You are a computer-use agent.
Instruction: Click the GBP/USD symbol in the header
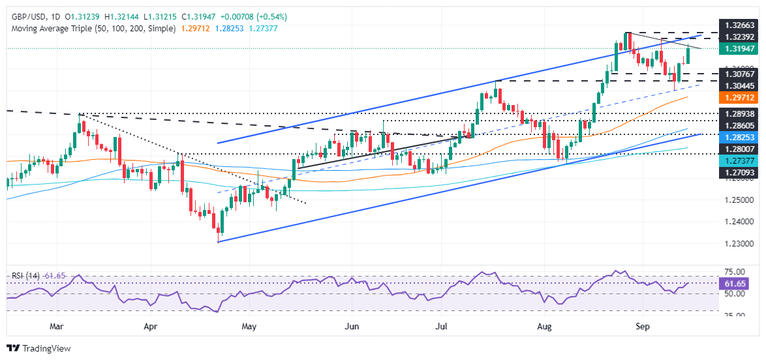point(27,16)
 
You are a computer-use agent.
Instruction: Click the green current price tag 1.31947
point(740,48)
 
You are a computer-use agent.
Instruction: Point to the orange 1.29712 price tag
point(740,97)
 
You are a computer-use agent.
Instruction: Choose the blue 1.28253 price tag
point(740,138)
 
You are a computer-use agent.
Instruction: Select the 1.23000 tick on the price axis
point(740,243)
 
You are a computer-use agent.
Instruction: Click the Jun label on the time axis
point(352,324)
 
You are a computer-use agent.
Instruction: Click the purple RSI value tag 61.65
point(740,284)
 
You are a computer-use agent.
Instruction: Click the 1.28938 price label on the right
point(740,113)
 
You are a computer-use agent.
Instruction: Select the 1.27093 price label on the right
point(740,173)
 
